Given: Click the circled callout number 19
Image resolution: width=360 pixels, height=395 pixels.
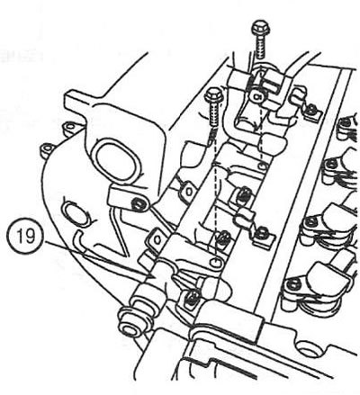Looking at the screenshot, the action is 25,237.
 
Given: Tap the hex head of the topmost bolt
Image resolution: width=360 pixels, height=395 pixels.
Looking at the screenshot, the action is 261,28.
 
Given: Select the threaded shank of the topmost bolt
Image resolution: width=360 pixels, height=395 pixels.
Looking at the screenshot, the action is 260,47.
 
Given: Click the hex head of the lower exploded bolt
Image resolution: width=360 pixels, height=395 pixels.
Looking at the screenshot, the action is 213,95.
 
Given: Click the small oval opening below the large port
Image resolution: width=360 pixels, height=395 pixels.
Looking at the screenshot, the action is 76,213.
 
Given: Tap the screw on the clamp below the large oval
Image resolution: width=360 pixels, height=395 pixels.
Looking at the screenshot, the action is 138,205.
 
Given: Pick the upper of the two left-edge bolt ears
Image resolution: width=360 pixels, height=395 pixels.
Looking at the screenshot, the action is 70,128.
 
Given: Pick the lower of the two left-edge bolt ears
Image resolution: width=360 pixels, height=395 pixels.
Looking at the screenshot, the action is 48,149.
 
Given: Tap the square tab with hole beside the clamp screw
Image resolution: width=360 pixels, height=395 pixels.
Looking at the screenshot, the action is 188,192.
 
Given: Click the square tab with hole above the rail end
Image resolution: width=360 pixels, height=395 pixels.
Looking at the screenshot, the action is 156,238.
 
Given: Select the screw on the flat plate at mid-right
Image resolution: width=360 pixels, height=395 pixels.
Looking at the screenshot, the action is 263,232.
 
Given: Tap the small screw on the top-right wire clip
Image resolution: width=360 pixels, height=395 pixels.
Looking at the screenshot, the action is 313,109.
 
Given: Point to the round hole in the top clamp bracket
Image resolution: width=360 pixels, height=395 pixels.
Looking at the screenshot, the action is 257,96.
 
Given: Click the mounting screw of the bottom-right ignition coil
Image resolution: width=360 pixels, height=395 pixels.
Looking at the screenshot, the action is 292,284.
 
